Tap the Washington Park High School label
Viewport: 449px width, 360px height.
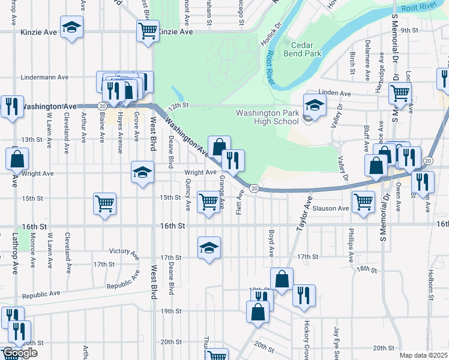(x=267, y=117)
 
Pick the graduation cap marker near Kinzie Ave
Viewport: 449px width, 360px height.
(x=72, y=27)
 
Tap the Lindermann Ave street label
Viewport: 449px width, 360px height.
(x=45, y=77)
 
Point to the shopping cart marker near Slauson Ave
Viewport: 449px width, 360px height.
(x=364, y=202)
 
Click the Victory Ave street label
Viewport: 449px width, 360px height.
(x=124, y=251)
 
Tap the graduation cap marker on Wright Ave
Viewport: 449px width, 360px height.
(x=142, y=173)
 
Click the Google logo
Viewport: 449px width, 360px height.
(x=20, y=353)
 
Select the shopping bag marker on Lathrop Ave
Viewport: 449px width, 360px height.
(x=17, y=159)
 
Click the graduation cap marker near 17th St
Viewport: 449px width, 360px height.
(x=209, y=247)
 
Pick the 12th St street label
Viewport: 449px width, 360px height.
(x=178, y=105)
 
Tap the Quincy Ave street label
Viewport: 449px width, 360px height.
(x=188, y=195)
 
